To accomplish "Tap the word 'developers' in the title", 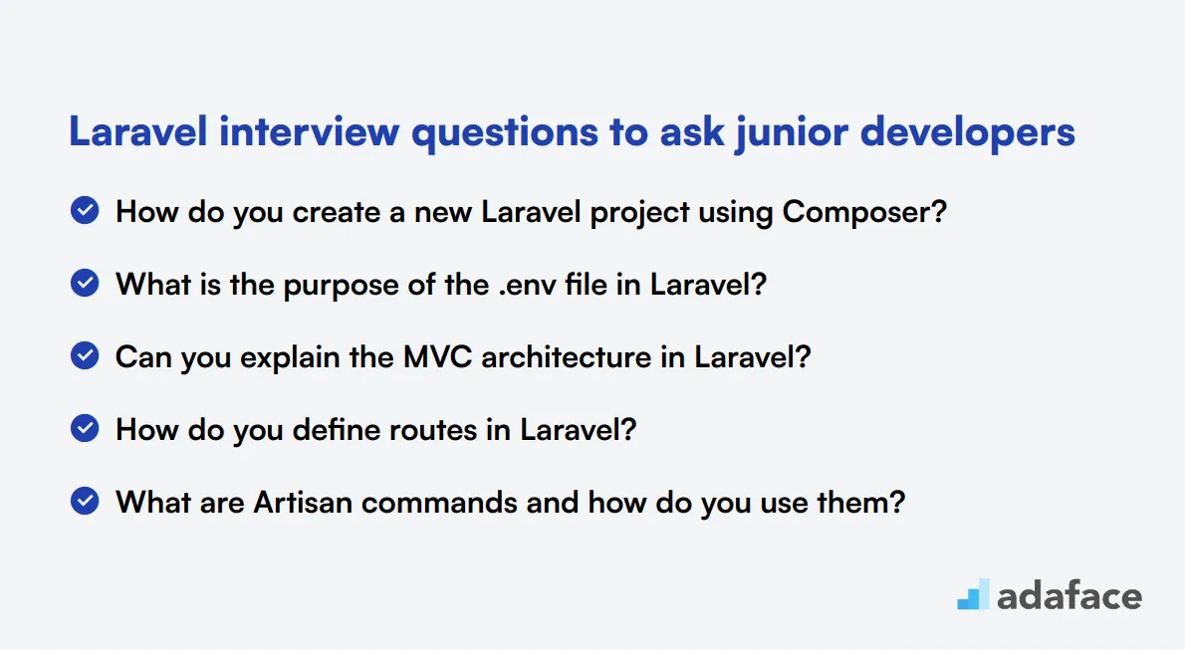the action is (x=967, y=133).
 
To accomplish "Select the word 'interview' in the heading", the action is (x=309, y=131).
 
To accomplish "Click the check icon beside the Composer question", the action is (x=85, y=211).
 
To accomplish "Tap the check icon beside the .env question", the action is (x=85, y=284).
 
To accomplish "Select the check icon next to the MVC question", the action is (x=85, y=356).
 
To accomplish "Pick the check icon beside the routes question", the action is (x=85, y=429).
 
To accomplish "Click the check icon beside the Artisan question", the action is (x=85, y=501).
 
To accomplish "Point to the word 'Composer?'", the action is (x=864, y=212).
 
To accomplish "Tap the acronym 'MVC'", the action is (x=437, y=356).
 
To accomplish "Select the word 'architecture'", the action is (x=566, y=356).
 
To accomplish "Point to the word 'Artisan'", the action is (x=303, y=503).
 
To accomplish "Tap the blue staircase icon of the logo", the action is (x=974, y=595).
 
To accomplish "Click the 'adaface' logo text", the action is (x=1069, y=596).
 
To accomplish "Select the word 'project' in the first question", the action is (x=639, y=213).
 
